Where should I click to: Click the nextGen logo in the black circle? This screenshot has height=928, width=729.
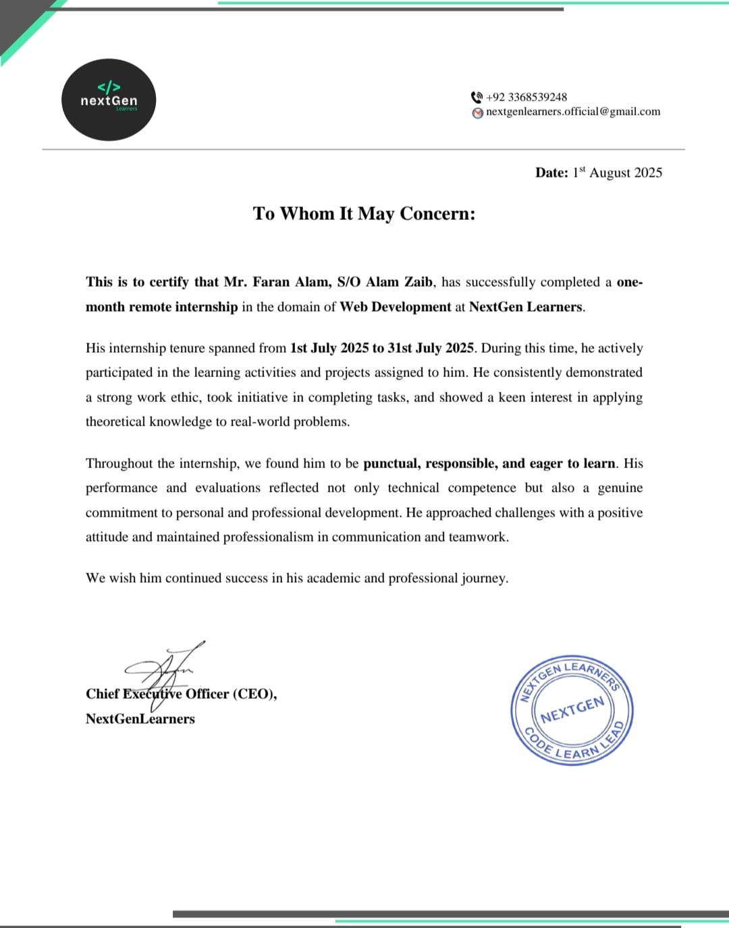pyautogui.click(x=109, y=100)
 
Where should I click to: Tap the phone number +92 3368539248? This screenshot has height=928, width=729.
pyautogui.click(x=526, y=97)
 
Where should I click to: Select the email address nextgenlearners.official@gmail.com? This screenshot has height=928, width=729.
pyautogui.click(x=573, y=112)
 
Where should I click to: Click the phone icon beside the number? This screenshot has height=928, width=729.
pyautogui.click(x=477, y=97)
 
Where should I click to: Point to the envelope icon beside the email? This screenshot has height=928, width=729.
pyautogui.click(x=478, y=113)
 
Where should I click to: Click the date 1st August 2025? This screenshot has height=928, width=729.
pyautogui.click(x=617, y=173)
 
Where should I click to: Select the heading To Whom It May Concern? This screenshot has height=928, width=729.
pyautogui.click(x=364, y=214)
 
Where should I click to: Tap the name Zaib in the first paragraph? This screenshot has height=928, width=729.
pyautogui.click(x=418, y=282)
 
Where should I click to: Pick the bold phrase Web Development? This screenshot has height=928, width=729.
pyautogui.click(x=395, y=307)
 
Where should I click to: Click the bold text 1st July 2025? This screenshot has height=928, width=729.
pyautogui.click(x=329, y=348)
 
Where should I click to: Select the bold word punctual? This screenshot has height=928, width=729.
pyautogui.click(x=391, y=463)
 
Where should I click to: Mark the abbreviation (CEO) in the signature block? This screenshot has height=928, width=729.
pyautogui.click(x=254, y=694)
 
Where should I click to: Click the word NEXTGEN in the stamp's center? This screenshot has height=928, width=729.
pyautogui.click(x=572, y=709)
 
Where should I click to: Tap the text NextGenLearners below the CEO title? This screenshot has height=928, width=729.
pyautogui.click(x=140, y=719)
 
